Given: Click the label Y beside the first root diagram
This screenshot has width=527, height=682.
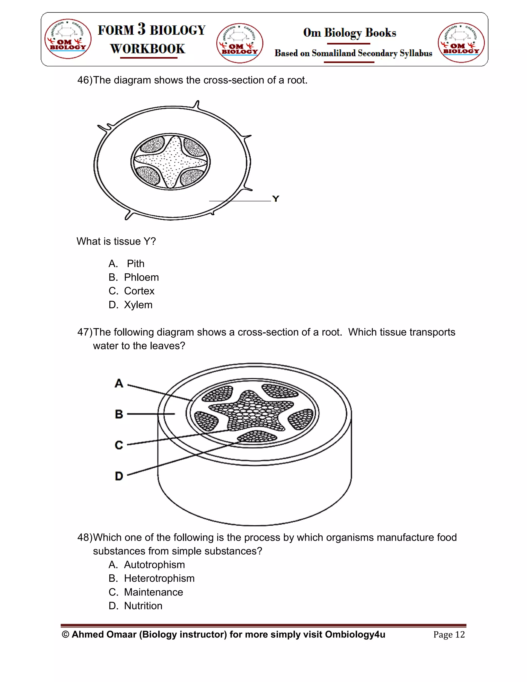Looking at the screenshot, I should click(x=275, y=199).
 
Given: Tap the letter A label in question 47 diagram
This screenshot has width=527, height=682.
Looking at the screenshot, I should click(x=119, y=383).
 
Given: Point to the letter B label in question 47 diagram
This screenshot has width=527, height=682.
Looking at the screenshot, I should click(x=119, y=414).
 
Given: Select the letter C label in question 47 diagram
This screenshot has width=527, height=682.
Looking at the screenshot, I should click(x=119, y=445).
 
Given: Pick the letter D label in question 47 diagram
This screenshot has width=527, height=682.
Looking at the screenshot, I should click(x=119, y=476).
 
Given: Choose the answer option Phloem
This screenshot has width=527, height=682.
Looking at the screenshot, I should click(x=141, y=277).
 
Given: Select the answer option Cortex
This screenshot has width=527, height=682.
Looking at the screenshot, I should click(x=139, y=291).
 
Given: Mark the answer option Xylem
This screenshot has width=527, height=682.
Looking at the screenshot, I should click(x=138, y=305).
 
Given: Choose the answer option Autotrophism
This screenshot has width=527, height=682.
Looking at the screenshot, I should click(x=154, y=565).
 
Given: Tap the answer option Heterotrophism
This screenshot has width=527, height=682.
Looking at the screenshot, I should click(x=159, y=578).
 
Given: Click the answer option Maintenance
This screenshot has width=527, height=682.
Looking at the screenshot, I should click(x=153, y=592).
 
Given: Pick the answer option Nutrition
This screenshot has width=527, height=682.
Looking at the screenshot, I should click(x=143, y=606).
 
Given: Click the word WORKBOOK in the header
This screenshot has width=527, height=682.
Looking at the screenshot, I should click(x=148, y=49).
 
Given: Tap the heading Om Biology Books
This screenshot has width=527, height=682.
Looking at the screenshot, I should click(x=349, y=32).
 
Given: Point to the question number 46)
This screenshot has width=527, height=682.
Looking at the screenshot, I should click(x=85, y=80).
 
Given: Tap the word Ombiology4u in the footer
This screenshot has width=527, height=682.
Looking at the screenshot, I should click(x=355, y=635).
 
